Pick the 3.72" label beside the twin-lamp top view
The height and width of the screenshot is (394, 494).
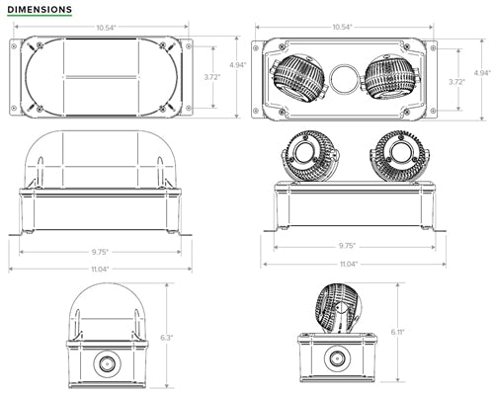coord(456,82)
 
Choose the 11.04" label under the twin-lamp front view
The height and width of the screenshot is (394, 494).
coord(346,264)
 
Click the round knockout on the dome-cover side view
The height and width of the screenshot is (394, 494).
coord(104,364)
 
